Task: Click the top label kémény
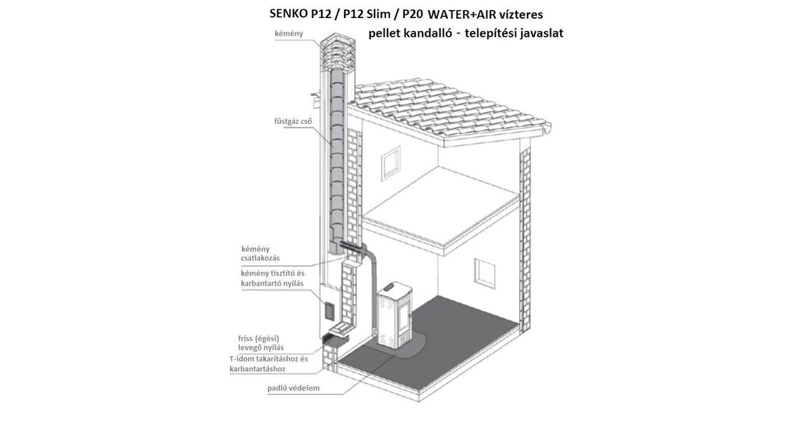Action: coord(288,34)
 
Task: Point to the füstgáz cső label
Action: coord(293,121)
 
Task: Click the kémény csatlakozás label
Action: coord(260,253)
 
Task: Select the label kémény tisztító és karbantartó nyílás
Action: coord(273,278)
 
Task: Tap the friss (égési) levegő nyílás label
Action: coord(260,343)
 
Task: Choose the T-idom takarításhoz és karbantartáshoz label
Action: coord(269,364)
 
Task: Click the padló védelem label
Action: coord(293,388)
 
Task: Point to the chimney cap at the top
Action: coord(337,50)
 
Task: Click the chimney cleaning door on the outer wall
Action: coord(329,311)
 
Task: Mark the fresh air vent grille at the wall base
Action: coord(328,338)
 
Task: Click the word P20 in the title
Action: coord(412,14)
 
